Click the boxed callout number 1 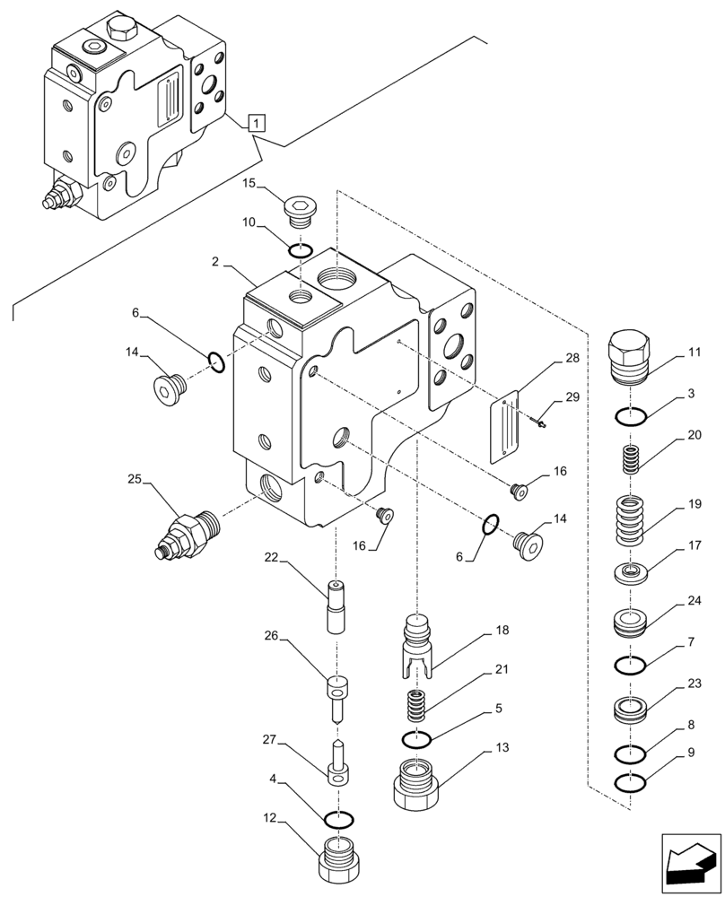(256, 123)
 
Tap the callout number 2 (216, 262)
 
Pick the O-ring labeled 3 (632, 415)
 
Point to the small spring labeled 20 (632, 462)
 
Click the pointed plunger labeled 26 (336, 698)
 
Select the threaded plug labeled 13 (415, 783)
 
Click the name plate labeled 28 (509, 431)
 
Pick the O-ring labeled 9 (632, 783)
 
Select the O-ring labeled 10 (301, 249)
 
